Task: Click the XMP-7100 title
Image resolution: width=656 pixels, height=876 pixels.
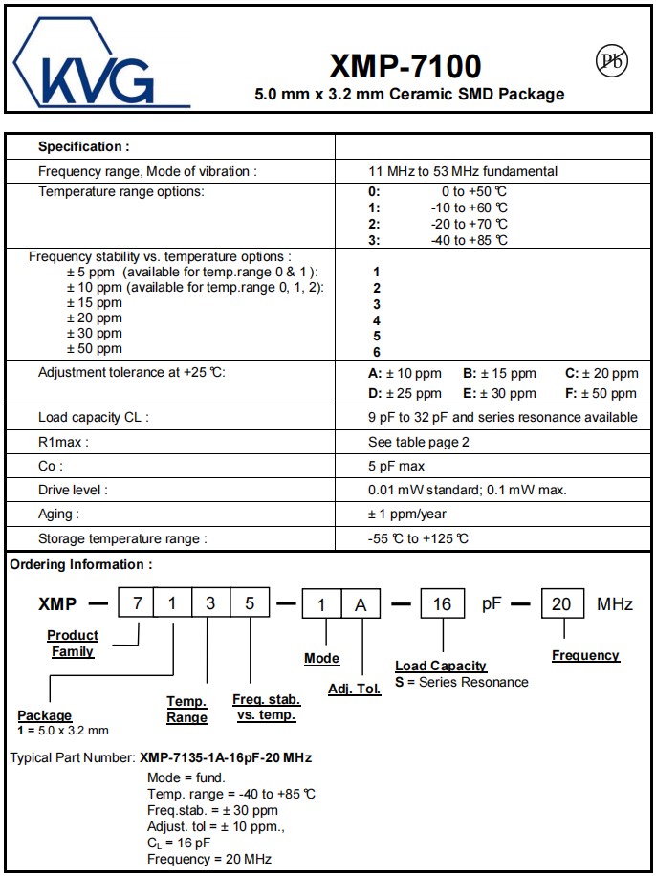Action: coord(405,66)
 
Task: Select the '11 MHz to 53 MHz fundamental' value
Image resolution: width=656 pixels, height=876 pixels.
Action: coord(463,171)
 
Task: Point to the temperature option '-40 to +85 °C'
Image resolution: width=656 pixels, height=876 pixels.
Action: coord(469,240)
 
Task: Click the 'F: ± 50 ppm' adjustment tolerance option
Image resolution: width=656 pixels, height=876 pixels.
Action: coord(601,393)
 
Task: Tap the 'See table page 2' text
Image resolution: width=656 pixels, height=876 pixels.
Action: coord(419,442)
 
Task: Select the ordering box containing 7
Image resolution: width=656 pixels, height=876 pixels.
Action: coord(137,604)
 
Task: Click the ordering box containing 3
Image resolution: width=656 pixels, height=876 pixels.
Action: coord(210,604)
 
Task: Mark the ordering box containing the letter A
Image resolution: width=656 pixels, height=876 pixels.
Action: coord(360,604)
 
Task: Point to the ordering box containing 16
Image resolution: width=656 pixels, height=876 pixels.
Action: coord(442,604)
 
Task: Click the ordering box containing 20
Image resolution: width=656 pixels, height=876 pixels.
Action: coord(561,604)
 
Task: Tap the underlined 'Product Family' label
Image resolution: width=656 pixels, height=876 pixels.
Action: coord(73,643)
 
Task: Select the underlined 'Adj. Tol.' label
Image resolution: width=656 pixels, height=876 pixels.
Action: coord(354,689)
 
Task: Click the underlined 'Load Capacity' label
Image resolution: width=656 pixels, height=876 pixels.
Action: coord(441,666)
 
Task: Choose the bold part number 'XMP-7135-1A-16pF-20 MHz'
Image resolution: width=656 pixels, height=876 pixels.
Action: coord(226,757)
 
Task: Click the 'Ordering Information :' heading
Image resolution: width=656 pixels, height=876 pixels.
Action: coord(80,565)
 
